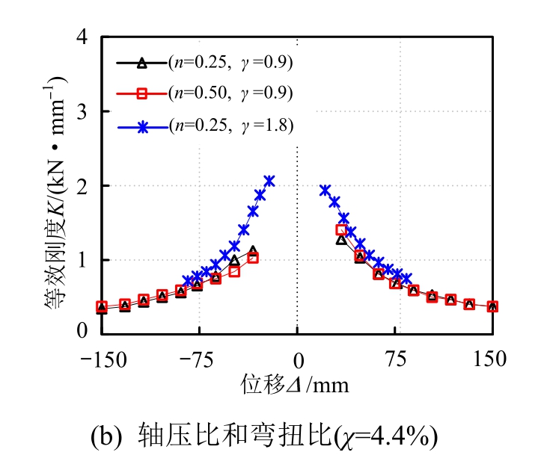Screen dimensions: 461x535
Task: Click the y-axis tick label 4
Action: point(82,37)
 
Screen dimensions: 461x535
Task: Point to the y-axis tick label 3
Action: point(82,111)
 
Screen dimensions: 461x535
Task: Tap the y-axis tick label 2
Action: point(82,185)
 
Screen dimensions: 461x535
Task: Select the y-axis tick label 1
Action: point(82,260)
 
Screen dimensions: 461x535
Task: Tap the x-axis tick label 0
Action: point(297,359)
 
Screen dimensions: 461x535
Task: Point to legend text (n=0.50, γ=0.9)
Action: point(230,93)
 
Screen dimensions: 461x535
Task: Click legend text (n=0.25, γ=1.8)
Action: point(230,125)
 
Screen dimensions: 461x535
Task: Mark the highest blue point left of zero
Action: point(269,181)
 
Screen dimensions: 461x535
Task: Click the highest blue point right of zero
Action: point(325,191)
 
